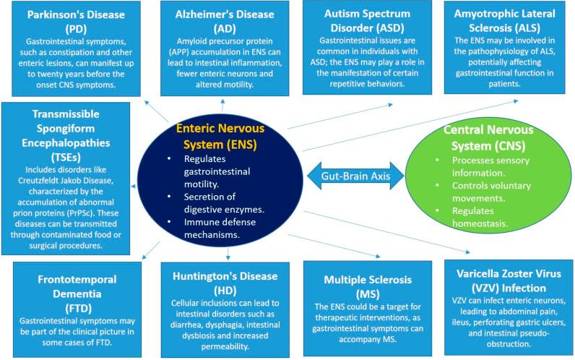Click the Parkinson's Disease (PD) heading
76,22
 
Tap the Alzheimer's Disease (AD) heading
225,21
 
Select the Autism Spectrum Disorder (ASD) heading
367,20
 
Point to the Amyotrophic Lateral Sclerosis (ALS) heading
504,20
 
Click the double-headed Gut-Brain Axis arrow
355,176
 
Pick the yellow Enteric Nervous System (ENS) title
220,136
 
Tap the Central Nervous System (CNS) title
488,137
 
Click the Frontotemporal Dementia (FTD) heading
77,293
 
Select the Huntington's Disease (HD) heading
225,283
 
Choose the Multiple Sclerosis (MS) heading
368,286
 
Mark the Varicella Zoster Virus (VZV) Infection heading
509,280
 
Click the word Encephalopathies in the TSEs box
66,142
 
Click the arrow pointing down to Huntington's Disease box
228,254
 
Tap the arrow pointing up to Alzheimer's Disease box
222,106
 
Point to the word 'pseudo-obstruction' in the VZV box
509,339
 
